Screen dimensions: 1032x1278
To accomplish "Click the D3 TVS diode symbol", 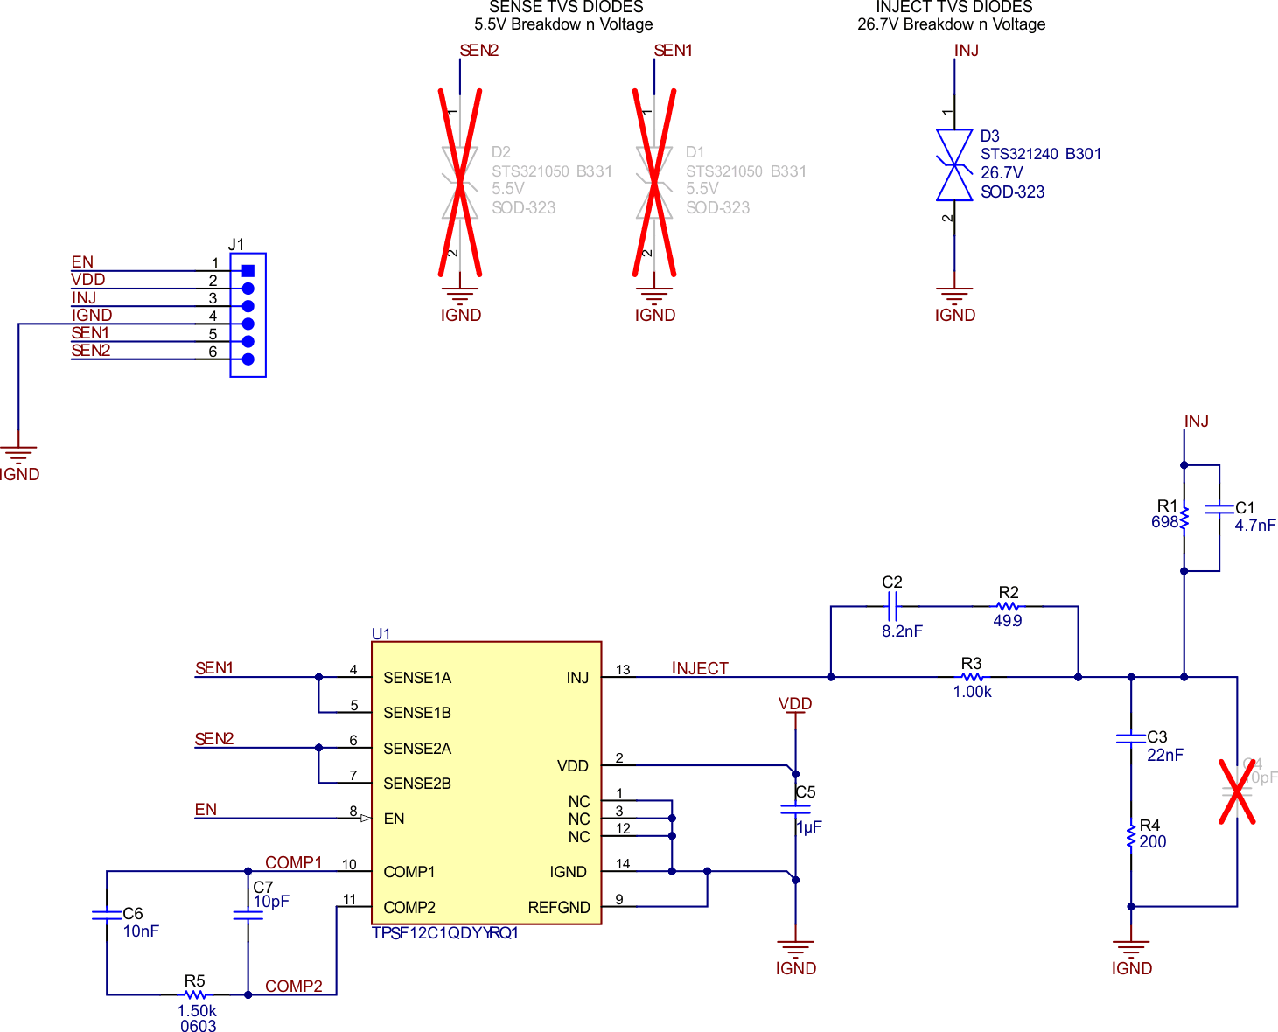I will click(953, 165).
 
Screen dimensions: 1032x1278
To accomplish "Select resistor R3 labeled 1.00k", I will click(971, 677).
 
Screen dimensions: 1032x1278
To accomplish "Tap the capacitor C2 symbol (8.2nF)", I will click(892, 605).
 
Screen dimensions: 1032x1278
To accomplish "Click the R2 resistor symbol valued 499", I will click(1008, 605).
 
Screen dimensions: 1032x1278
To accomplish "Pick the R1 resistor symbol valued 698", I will click(1184, 518).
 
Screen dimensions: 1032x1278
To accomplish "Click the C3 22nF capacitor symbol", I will click(1130, 738).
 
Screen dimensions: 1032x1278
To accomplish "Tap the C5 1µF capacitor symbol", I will click(795, 810).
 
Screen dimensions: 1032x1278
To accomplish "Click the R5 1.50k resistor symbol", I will click(195, 994).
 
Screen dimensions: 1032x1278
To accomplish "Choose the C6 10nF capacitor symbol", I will click(107, 916).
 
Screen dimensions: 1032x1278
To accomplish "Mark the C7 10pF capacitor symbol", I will click(248, 916).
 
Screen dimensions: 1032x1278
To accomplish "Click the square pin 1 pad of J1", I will click(248, 271).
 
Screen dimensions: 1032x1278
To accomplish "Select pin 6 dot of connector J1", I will click(248, 359).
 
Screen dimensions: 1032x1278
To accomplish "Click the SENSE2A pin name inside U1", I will click(417, 749).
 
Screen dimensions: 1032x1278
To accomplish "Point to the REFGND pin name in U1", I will click(559, 908).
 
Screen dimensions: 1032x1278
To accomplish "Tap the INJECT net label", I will click(700, 668).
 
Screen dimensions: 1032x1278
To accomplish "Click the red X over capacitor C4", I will click(1237, 791).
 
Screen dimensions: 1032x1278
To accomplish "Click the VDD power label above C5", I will click(795, 704).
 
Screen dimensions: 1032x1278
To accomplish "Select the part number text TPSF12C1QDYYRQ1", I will click(445, 933).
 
